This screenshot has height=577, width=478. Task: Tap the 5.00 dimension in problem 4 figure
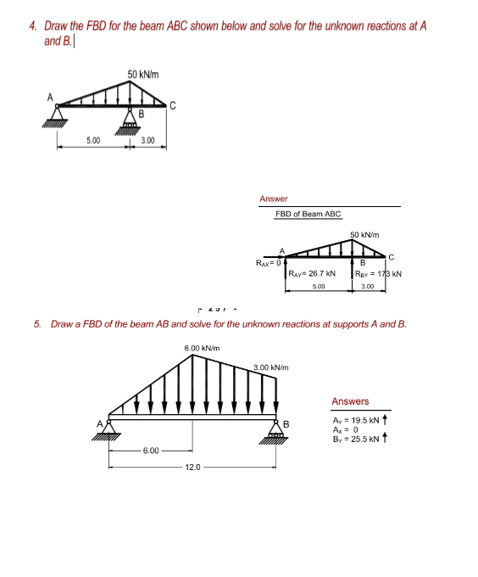(93, 140)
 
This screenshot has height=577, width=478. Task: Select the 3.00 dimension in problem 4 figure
(147, 140)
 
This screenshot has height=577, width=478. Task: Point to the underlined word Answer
(274, 199)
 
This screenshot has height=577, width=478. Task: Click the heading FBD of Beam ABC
(308, 214)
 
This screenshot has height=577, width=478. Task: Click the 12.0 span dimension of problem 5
(194, 465)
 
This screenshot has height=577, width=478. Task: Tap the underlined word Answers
(350, 401)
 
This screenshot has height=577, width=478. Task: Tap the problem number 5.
(36, 324)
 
